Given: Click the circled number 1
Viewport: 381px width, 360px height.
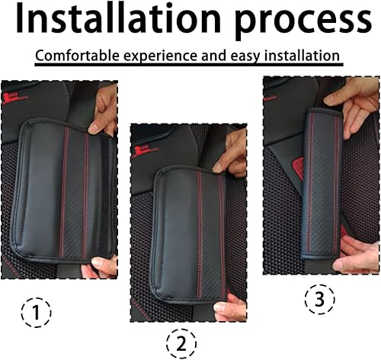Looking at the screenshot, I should click(35, 312).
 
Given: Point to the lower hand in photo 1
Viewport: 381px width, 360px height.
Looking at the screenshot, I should click(105, 265).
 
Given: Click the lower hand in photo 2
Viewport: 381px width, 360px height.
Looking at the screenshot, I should click(231, 309).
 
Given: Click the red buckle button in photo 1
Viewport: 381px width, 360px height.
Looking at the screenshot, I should click(10, 98).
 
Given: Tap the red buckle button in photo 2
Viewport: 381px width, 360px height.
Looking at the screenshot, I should click(140, 150).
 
